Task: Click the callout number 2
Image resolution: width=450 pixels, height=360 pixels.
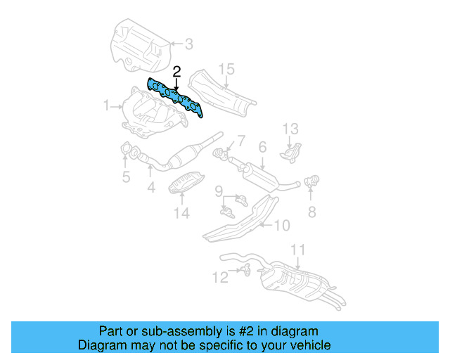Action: [176, 72]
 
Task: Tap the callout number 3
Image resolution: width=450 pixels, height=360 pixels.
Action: [188, 44]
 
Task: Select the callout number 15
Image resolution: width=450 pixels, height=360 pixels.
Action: [225, 69]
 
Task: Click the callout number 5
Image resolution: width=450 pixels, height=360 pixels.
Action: [126, 177]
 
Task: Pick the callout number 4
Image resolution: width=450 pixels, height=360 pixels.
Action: [150, 188]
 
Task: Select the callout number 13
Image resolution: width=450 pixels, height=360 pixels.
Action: [291, 129]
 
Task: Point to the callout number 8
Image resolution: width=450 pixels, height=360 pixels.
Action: [311, 210]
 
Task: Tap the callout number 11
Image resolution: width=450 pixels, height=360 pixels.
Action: [298, 250]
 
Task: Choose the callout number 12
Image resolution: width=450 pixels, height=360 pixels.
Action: [221, 277]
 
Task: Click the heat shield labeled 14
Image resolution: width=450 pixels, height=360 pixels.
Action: [186, 184]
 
